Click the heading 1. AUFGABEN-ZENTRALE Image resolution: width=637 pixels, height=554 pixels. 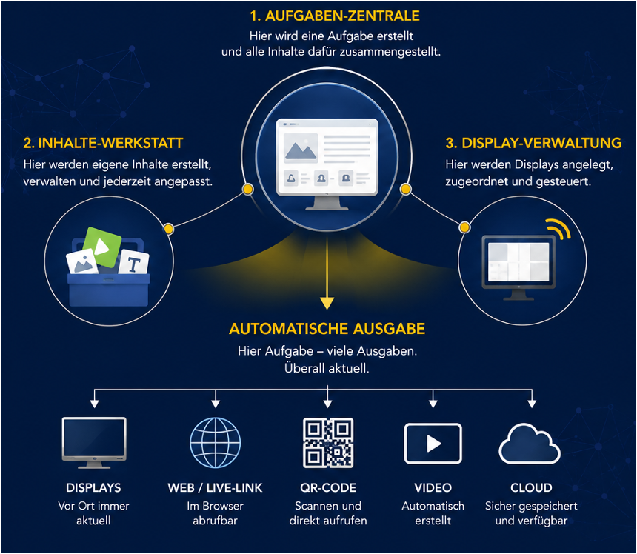(334, 16)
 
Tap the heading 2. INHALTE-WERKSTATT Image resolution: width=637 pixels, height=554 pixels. (103, 143)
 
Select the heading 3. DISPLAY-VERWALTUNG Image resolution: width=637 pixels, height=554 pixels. (533, 143)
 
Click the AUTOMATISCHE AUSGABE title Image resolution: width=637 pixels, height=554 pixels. (327, 329)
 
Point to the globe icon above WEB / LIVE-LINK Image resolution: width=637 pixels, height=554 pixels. (216, 443)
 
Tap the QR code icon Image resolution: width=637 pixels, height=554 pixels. (328, 443)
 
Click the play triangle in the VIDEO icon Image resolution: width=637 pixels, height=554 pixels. (434, 444)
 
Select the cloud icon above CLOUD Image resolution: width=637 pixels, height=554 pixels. (530, 444)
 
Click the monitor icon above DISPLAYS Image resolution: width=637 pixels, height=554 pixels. (94, 443)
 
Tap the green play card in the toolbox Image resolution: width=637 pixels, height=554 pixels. (102, 247)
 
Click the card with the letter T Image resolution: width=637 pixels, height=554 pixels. (133, 263)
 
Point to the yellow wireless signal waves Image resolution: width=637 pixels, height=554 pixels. (559, 229)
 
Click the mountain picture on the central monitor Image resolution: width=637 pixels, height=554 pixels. (301, 148)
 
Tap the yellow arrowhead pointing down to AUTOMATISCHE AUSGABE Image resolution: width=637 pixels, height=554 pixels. (327, 304)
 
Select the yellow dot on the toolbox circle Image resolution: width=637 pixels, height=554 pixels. (169, 229)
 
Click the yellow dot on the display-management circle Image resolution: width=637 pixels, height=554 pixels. (464, 227)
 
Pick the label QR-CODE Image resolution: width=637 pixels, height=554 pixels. (328, 487)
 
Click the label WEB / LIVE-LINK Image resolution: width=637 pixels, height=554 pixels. (216, 487)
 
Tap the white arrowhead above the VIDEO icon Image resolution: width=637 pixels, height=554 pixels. (433, 404)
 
